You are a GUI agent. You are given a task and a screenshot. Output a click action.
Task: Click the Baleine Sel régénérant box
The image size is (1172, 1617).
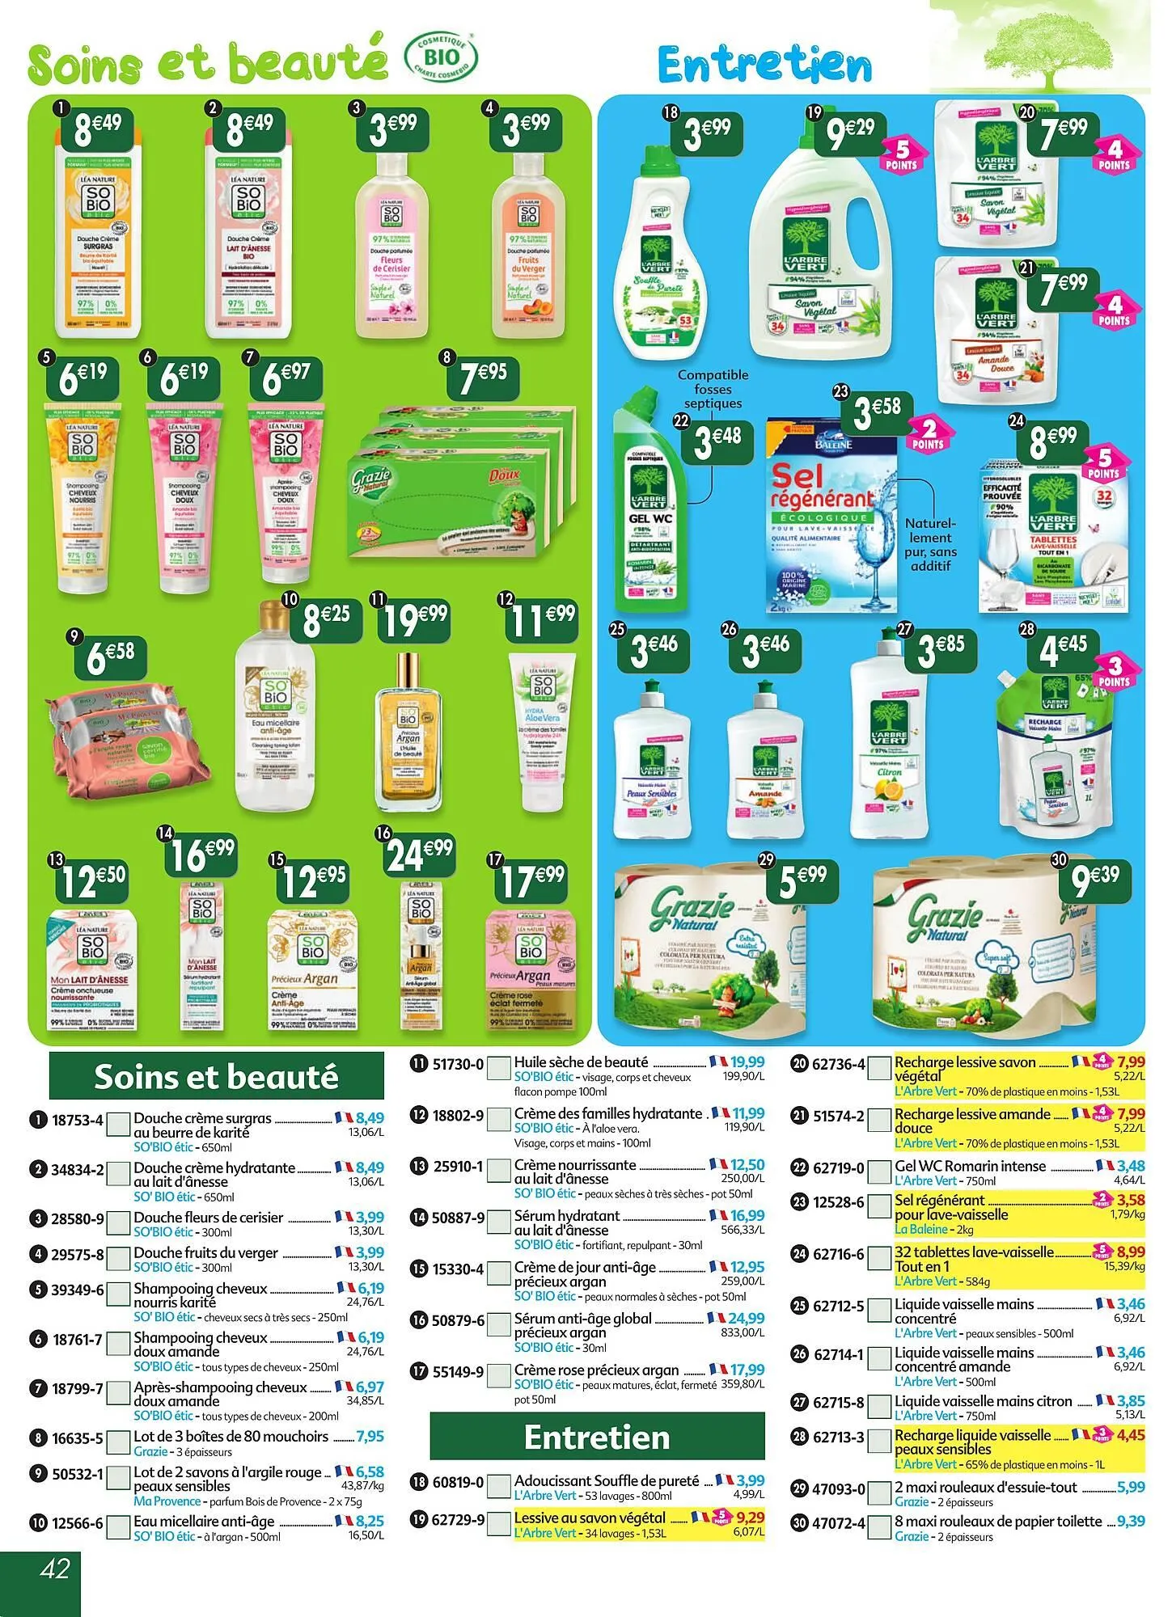tap(831, 515)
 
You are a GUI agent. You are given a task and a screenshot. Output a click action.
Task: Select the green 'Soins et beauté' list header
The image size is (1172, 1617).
tap(216, 1077)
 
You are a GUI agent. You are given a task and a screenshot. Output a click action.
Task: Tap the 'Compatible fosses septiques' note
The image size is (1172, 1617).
tap(713, 389)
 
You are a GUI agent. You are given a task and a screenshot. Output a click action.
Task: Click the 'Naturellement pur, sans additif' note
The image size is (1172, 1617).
tap(930, 544)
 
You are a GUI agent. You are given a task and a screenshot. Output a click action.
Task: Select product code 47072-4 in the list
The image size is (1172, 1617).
tap(838, 1523)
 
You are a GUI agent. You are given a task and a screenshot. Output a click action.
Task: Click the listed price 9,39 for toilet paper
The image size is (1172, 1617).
tap(1131, 1521)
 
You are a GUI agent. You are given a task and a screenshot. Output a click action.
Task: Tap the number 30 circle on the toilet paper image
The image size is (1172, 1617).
tap(1059, 860)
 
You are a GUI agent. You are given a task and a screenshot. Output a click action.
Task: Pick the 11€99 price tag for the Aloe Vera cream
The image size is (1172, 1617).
tap(540, 621)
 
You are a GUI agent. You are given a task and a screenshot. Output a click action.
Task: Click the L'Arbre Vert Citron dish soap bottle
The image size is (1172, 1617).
tap(888, 749)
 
